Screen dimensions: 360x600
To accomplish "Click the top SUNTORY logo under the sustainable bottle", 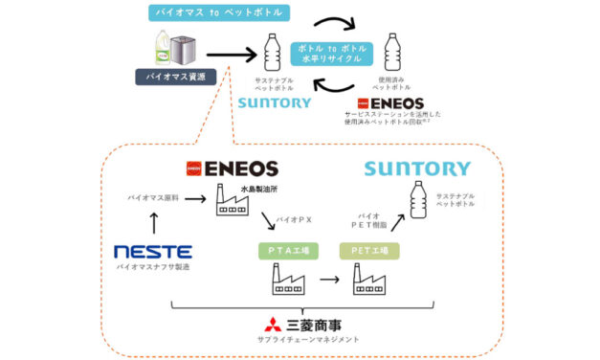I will pyautogui.click(x=275, y=101).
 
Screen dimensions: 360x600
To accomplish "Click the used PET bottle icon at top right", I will pyautogui.click(x=391, y=52).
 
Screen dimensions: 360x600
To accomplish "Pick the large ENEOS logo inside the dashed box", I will pyautogui.click(x=232, y=169).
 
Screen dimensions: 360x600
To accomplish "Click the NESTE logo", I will pyautogui.click(x=153, y=252).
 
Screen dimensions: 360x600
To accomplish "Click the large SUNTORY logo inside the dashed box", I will pyautogui.click(x=416, y=169).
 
